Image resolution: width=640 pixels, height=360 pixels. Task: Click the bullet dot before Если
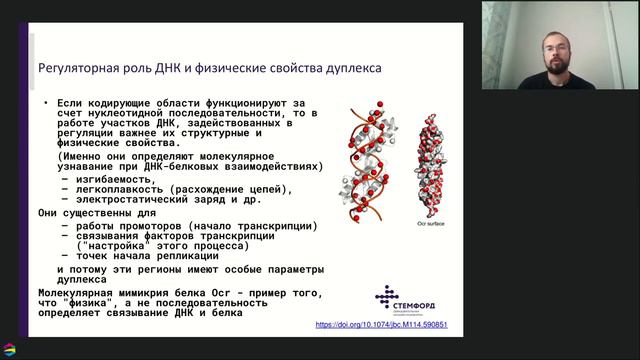coord(45,103)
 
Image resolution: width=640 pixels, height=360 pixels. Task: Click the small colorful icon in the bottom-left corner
coord(10,349)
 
